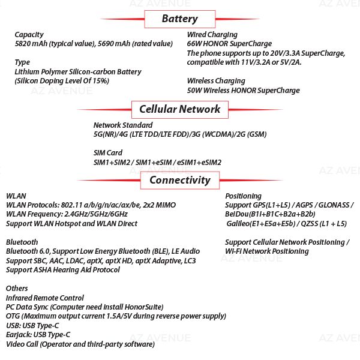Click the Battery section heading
pos(179,19)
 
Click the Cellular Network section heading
pos(179,109)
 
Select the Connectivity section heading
pos(179,180)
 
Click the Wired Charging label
pos(212,35)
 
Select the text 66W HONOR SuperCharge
pos(229,44)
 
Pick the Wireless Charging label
pos(216,81)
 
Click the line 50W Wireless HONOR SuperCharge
pos(243,91)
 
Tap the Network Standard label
pos(123,125)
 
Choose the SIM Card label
pos(108,153)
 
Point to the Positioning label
pos(243,196)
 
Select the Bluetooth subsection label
pos(22,242)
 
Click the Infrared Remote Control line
pos(45,298)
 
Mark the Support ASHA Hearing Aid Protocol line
pos(63,270)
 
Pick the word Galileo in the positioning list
pos(239,224)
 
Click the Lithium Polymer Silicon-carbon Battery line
pos(78,72)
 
